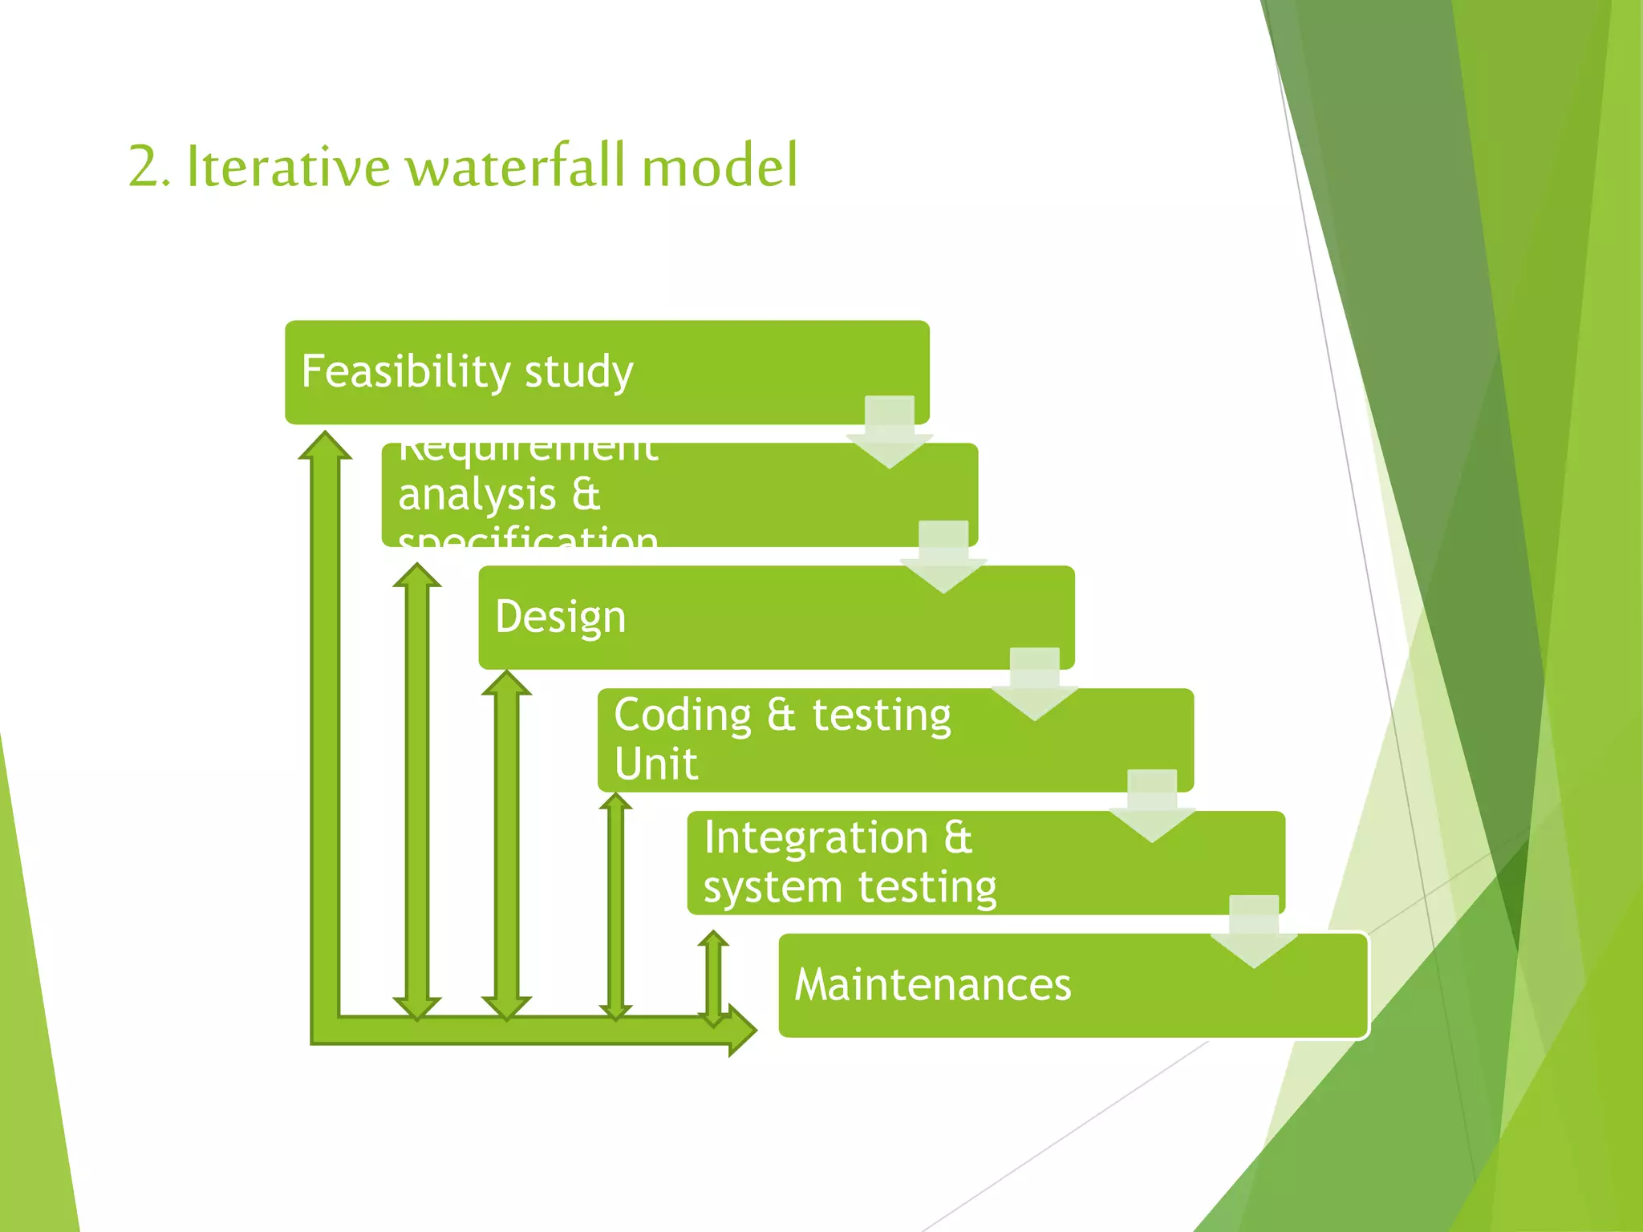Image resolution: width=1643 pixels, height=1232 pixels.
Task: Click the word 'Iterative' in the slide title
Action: pyautogui.click(x=288, y=167)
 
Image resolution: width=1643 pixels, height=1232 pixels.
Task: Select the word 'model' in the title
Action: pyautogui.click(x=720, y=167)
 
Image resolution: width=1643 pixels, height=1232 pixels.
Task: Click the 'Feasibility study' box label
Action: pyautogui.click(x=467, y=371)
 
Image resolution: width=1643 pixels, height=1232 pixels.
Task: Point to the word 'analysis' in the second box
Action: pyautogui.click(x=477, y=495)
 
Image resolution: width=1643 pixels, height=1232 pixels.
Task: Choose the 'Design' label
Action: pyautogui.click(x=560, y=617)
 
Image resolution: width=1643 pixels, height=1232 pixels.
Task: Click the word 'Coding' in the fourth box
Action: pyautogui.click(x=683, y=715)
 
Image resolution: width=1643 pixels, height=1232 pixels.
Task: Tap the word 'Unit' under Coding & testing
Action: pyautogui.click(x=655, y=764)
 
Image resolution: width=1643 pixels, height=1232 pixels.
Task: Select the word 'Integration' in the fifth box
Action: pyautogui.click(x=816, y=837)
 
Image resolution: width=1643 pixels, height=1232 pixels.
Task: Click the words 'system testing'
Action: pyautogui.click(x=850, y=887)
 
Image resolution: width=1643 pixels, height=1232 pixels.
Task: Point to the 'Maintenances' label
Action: pyautogui.click(x=932, y=985)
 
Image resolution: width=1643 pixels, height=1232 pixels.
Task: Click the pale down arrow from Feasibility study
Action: pyautogui.click(x=890, y=433)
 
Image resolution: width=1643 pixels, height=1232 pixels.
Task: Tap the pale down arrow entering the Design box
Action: pyautogui.click(x=943, y=558)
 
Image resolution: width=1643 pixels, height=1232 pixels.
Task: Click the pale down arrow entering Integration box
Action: pyautogui.click(x=1152, y=807)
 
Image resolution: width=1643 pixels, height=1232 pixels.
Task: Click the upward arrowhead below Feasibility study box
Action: pyautogui.click(x=325, y=446)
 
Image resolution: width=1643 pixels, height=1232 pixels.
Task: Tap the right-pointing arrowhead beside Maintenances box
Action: pyautogui.click(x=742, y=1030)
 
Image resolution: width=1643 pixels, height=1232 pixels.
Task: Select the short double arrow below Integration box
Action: pyautogui.click(x=713, y=979)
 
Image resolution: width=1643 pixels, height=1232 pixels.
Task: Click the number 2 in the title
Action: pyautogui.click(x=145, y=167)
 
